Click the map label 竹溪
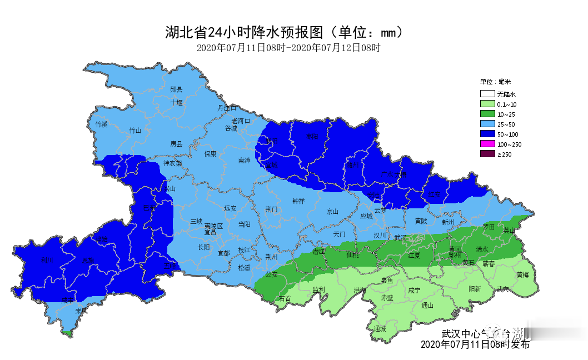101,124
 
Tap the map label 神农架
172,163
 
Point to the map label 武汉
400,237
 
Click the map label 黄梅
522,274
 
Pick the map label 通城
380,328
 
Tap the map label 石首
285,299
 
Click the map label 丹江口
227,108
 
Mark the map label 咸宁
414,290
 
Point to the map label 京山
332,212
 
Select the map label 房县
176,143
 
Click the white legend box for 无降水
487,94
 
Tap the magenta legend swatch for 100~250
487,144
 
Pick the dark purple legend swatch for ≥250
487,154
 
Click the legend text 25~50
506,124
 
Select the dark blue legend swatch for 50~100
487,134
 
